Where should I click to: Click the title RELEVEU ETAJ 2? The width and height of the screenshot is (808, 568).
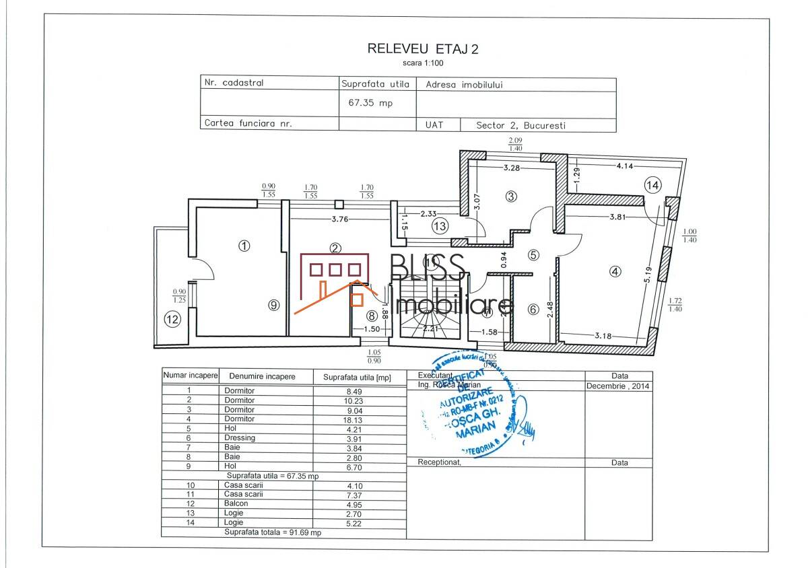pyautogui.click(x=422, y=48)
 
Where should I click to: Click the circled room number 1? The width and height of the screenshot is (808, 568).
pyautogui.click(x=244, y=246)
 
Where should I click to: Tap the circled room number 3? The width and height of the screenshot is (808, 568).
pyautogui.click(x=511, y=197)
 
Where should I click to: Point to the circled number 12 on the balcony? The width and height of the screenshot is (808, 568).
pyautogui.click(x=173, y=320)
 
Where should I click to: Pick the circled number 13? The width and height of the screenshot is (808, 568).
pyautogui.click(x=440, y=226)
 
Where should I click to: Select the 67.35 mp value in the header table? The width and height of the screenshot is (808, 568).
pyautogui.click(x=370, y=104)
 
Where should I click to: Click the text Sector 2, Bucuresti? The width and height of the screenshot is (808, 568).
pyautogui.click(x=520, y=125)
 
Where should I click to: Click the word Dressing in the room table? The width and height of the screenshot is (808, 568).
pyautogui.click(x=240, y=437)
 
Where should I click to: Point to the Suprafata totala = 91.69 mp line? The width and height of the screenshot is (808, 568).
pyautogui.click(x=273, y=532)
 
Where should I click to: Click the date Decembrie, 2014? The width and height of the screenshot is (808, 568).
pyautogui.click(x=617, y=386)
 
